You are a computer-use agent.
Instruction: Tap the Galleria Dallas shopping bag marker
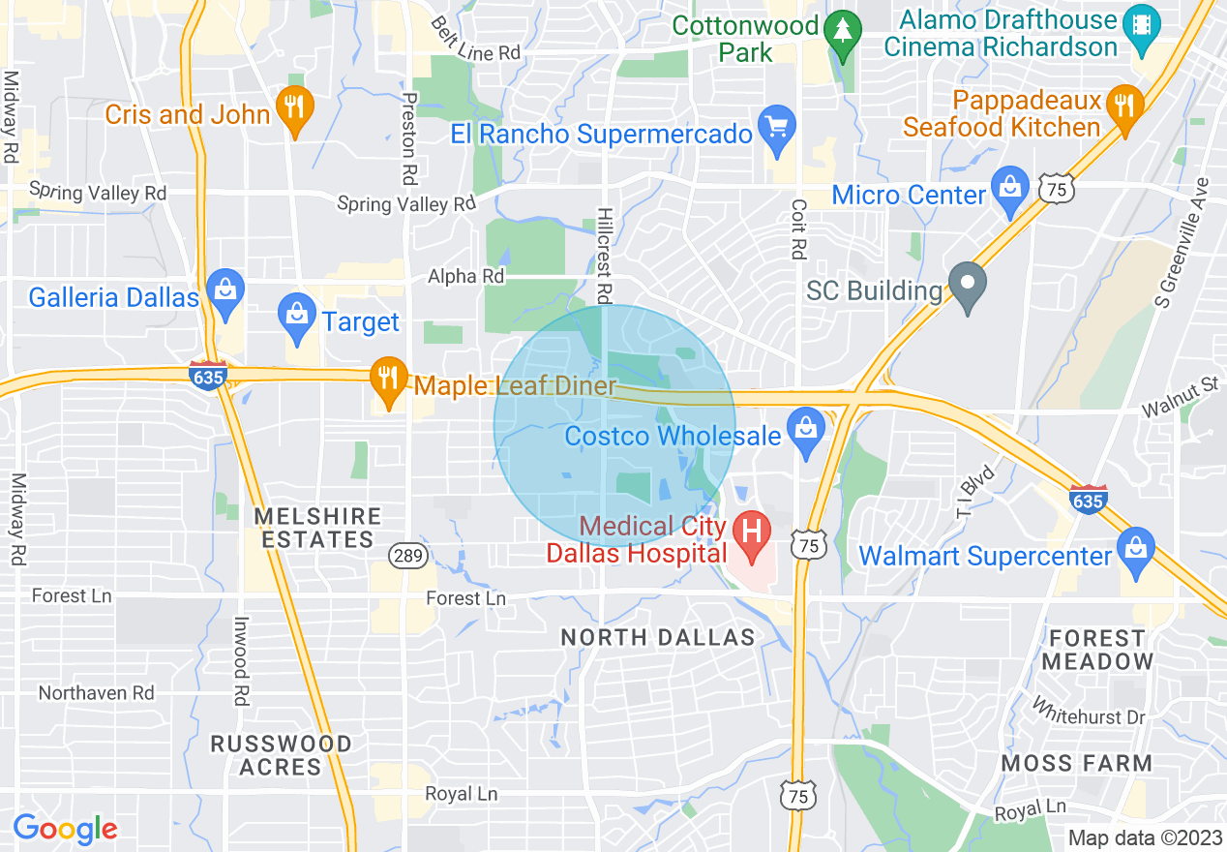click(225, 293)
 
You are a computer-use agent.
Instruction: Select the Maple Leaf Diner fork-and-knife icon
click(389, 381)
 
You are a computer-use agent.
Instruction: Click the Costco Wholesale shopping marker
click(804, 432)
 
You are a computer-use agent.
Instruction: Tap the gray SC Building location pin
click(967, 287)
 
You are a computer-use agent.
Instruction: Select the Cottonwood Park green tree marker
click(845, 31)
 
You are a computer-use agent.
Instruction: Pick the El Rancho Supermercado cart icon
click(776, 130)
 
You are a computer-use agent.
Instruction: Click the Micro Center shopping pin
click(1010, 191)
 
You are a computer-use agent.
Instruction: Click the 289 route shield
click(404, 555)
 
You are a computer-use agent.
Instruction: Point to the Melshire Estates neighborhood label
click(317, 528)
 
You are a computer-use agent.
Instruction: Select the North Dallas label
click(658, 637)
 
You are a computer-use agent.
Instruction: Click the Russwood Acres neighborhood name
click(282, 755)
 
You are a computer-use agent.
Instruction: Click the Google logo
click(65, 829)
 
